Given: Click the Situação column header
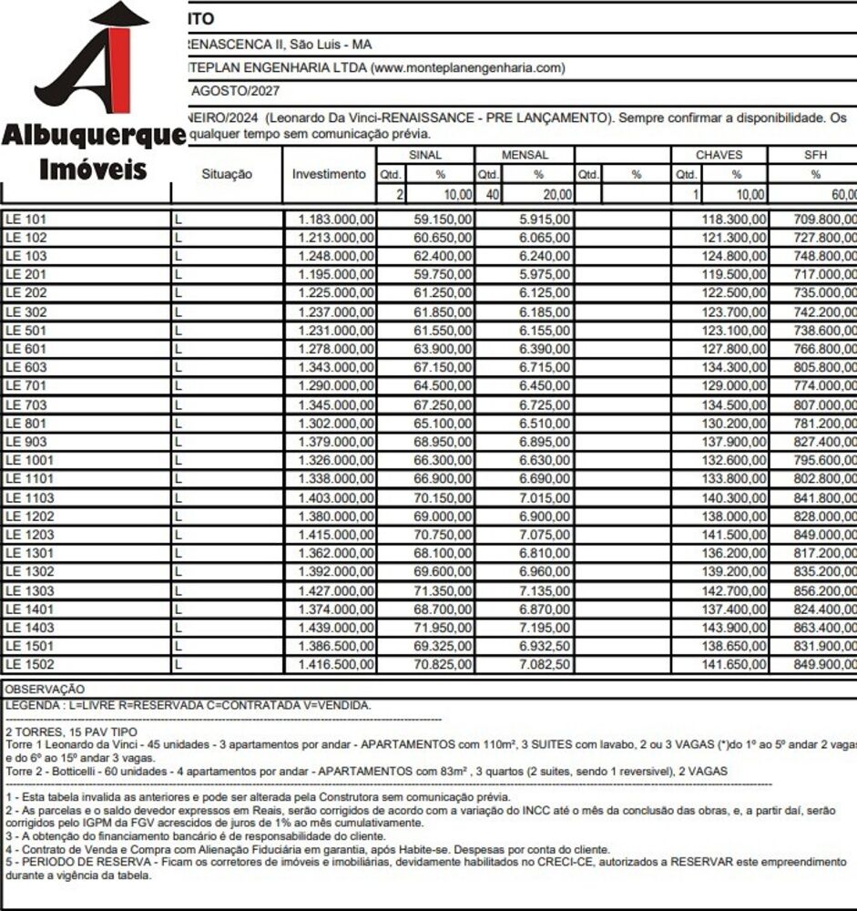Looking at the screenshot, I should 226,174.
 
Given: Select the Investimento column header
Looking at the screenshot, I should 329,174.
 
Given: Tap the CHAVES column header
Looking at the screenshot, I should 719,155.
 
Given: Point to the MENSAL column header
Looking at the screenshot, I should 525,155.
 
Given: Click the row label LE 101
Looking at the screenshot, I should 26,220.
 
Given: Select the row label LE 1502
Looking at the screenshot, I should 29,665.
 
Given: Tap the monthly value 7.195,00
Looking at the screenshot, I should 545,628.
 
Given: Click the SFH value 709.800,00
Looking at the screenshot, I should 825,220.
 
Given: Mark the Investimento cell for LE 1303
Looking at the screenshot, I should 336,590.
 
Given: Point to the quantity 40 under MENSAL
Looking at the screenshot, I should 487,194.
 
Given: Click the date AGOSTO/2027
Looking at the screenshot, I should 235,91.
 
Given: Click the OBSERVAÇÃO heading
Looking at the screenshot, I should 45,690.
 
